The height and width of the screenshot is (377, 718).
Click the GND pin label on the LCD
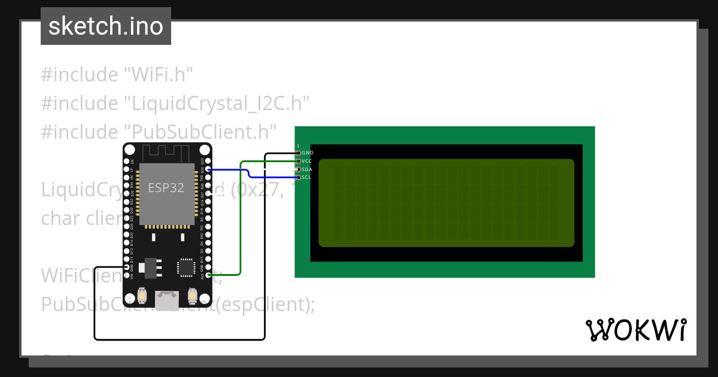point(308,153)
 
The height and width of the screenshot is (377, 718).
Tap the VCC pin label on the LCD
point(307,161)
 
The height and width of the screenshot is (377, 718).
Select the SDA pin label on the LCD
point(307,169)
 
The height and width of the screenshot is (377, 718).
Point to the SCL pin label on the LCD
point(306,177)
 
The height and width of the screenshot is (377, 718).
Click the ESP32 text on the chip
point(166,188)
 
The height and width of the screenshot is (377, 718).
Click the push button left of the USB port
point(142,295)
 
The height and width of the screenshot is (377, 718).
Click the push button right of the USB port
point(193,295)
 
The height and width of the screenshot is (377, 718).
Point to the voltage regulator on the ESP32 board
point(148,267)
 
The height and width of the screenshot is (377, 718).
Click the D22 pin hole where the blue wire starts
point(208,169)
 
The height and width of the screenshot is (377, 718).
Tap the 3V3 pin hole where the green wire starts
point(208,275)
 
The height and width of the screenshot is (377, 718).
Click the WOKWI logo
point(635,330)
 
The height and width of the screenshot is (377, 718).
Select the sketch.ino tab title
point(105,26)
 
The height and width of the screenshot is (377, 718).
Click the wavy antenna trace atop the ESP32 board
point(167,153)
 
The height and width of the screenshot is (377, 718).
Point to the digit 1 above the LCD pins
point(298,146)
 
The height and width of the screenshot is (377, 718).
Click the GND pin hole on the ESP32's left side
point(126,267)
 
